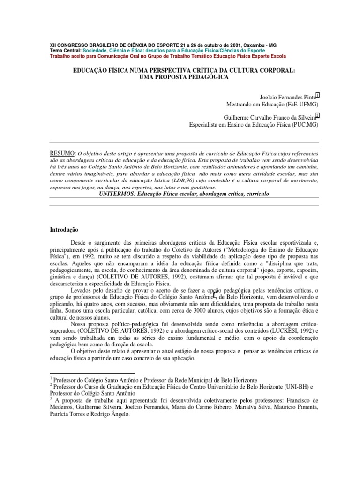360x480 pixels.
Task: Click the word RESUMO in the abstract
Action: [63, 153]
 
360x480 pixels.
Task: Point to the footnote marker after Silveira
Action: [317, 115]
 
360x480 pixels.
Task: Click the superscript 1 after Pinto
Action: [317, 95]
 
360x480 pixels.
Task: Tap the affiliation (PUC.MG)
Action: [305, 125]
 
